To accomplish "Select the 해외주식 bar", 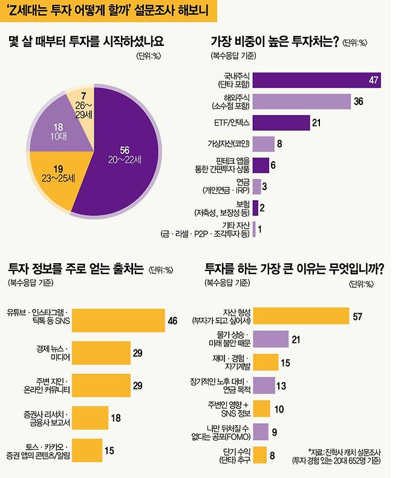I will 301,101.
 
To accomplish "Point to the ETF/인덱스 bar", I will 281,123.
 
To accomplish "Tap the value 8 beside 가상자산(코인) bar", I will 279,144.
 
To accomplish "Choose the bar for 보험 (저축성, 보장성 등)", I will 255,208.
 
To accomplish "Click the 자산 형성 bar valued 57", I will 301,315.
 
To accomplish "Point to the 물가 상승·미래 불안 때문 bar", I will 270,339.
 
